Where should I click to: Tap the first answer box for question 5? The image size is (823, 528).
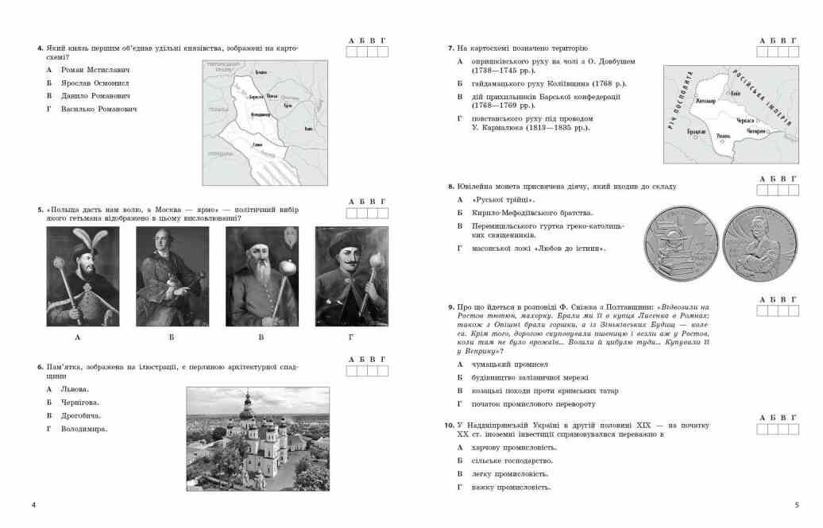pos(351,214)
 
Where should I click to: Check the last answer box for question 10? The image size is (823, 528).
pos(794,430)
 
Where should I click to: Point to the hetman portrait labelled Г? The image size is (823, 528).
pos(351,276)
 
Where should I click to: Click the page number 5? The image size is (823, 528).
pos(797,505)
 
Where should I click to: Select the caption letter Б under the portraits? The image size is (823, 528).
pos(172,337)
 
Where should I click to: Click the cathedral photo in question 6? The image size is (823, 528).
pos(257,437)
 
